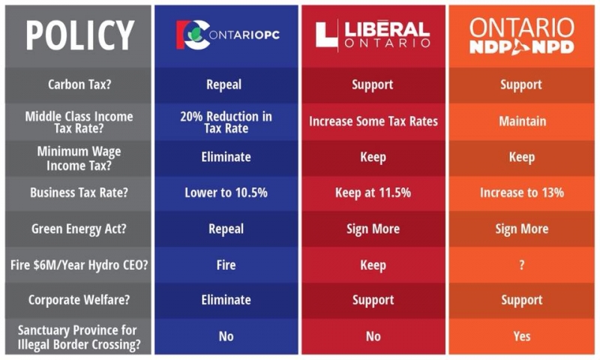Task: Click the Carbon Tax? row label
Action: click(x=79, y=85)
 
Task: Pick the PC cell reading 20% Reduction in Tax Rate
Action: click(x=226, y=121)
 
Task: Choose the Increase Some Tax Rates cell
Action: click(x=373, y=121)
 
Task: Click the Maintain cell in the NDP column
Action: click(x=522, y=121)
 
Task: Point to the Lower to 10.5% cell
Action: click(x=226, y=193)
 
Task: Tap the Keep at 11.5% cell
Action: click(x=373, y=193)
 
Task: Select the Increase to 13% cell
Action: click(x=522, y=193)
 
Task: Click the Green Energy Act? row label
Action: click(x=79, y=229)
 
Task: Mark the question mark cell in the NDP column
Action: click(x=522, y=265)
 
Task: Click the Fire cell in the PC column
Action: click(x=226, y=265)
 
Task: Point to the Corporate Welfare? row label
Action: click(x=79, y=300)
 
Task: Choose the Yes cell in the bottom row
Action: click(x=522, y=336)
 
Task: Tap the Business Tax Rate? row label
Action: click(x=79, y=193)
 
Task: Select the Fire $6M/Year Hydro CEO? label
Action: click(x=79, y=265)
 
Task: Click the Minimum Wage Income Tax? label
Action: click(x=79, y=157)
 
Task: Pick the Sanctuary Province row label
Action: click(x=79, y=336)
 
